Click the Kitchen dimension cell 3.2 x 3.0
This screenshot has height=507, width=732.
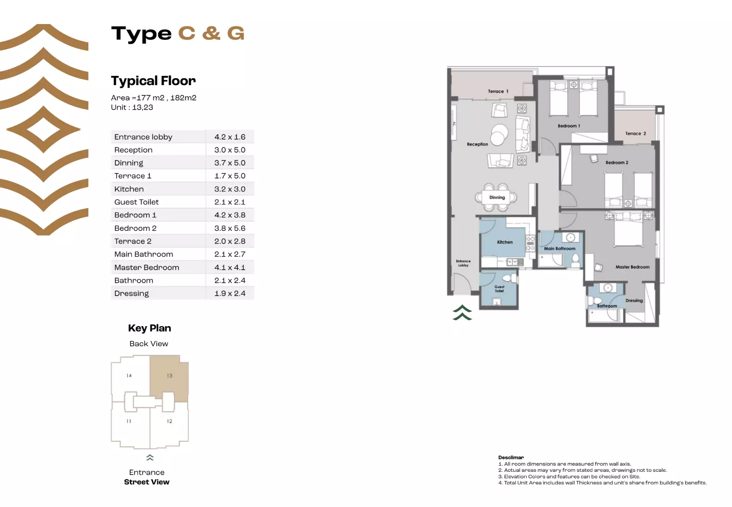[230, 189]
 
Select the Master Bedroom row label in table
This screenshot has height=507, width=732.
[147, 267]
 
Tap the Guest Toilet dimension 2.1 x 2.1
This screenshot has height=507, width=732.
[230, 202]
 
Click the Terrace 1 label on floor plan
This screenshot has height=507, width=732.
[498, 92]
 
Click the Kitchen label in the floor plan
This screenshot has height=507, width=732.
[504, 242]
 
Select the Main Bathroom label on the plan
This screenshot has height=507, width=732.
[559, 249]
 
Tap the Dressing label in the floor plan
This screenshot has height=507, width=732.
[634, 301]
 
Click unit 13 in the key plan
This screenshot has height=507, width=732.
[169, 376]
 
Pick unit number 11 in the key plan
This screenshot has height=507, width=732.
[129, 421]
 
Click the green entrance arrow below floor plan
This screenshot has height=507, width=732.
[462, 313]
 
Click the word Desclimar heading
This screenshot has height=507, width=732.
[511, 458]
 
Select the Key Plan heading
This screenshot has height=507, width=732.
[149, 328]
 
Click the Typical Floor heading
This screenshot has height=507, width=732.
[153, 81]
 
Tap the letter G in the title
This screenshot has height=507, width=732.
[236, 33]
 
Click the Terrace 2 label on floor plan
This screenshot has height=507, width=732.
[635, 134]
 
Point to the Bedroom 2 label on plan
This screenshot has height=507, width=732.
[616, 163]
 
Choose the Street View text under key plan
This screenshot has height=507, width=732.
[147, 482]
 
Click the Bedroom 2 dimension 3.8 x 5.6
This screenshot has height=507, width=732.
[230, 229]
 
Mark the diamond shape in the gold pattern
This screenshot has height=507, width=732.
[43, 130]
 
